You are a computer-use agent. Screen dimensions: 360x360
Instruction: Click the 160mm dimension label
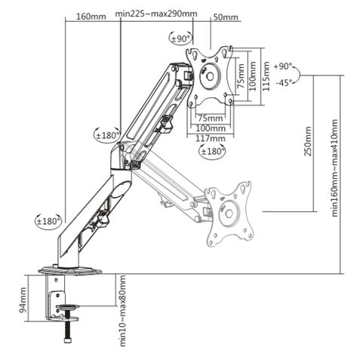pyautogui.click(x=91, y=16)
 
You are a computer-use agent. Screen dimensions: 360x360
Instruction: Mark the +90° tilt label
pyautogui.click(x=284, y=66)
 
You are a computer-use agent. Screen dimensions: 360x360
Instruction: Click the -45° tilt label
pyautogui.click(x=284, y=82)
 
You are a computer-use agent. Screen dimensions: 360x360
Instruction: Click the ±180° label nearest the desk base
pyautogui.click(x=48, y=221)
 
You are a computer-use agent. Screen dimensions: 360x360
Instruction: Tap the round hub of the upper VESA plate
pyautogui.click(x=209, y=76)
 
